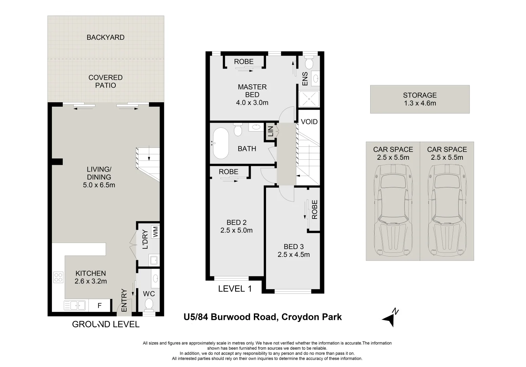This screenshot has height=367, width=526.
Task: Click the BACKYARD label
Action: (x=106, y=37)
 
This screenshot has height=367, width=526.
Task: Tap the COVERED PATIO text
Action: (x=106, y=82)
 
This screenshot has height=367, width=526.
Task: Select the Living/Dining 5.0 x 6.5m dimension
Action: (x=99, y=185)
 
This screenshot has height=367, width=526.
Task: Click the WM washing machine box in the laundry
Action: (x=155, y=232)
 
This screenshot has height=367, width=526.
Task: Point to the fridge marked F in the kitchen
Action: (x=99, y=305)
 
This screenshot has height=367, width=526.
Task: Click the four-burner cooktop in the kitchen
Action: (x=58, y=277)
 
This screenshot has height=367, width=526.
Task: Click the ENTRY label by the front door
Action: (x=124, y=300)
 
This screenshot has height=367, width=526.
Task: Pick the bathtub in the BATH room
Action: (x=220, y=143)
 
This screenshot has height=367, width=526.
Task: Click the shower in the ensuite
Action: (x=309, y=99)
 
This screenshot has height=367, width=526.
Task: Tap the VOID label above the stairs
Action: (x=309, y=122)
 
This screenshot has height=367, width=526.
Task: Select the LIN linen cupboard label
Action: (x=270, y=132)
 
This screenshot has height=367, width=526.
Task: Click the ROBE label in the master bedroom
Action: (x=244, y=62)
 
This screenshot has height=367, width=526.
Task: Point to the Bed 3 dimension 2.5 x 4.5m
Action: (x=294, y=255)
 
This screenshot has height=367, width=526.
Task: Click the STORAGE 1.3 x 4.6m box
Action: (x=420, y=99)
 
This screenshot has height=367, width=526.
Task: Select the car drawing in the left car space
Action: (x=393, y=211)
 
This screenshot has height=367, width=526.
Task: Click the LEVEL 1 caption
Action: (x=235, y=289)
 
